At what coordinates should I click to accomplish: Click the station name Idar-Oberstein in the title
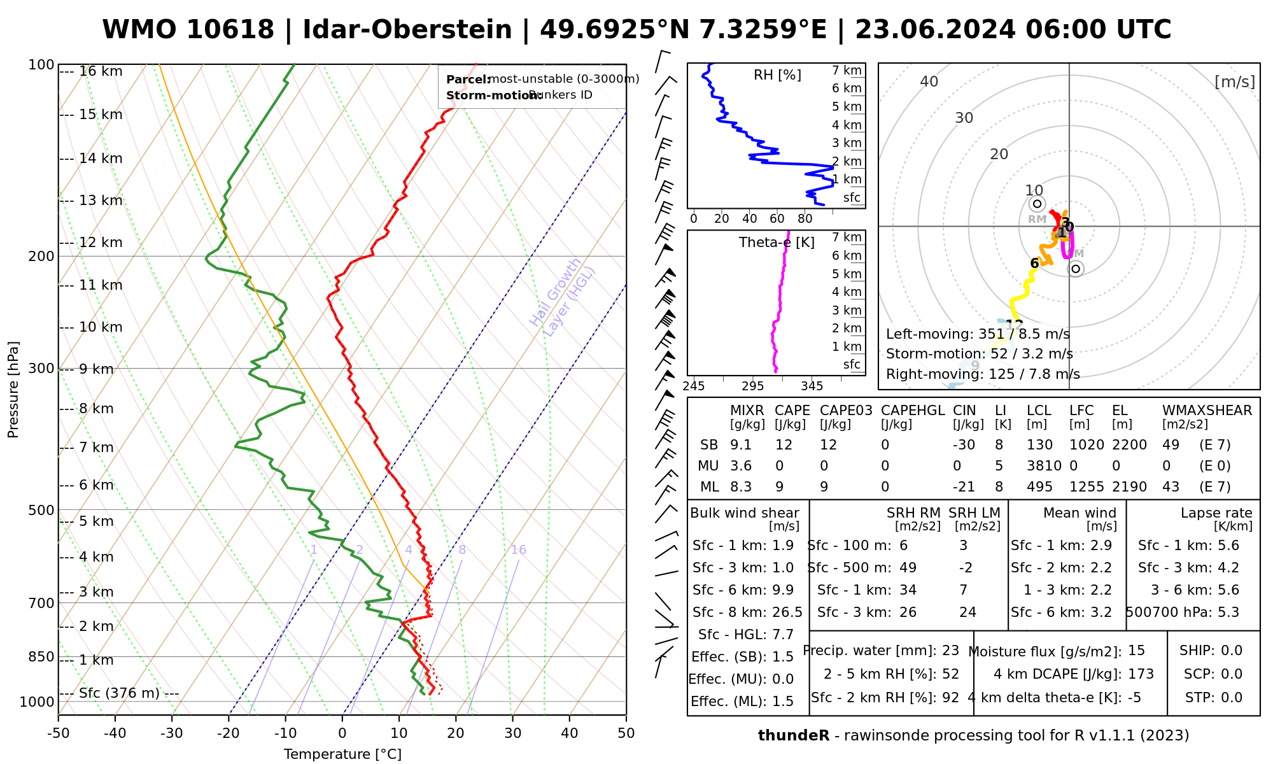pyautogui.click(x=407, y=30)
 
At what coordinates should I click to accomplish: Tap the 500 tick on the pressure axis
pyautogui.click(x=41, y=510)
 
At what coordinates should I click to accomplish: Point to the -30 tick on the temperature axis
pyautogui.click(x=172, y=733)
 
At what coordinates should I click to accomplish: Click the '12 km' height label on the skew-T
pyautogui.click(x=101, y=243)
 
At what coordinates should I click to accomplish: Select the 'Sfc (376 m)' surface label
pyautogui.click(x=119, y=693)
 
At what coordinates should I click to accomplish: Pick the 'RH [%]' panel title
pyautogui.click(x=777, y=75)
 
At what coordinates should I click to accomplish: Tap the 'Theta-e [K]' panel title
pyautogui.click(x=777, y=243)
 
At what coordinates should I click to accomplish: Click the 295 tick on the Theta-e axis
pyautogui.click(x=752, y=386)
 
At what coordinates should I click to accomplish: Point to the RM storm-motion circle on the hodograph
pyautogui.click(x=1037, y=204)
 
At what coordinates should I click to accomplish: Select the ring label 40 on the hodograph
pyautogui.click(x=929, y=81)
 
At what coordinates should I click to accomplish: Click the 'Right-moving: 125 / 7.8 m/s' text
pyautogui.click(x=983, y=374)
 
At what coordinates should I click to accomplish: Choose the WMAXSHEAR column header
pyautogui.click(x=1207, y=411)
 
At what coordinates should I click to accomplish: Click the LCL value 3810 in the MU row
pyautogui.click(x=1044, y=466)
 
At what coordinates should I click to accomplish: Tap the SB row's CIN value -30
pyautogui.click(x=964, y=445)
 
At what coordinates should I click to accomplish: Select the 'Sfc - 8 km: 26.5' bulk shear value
pyautogui.click(x=747, y=612)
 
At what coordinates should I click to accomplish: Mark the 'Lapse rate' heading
pyautogui.click(x=1216, y=513)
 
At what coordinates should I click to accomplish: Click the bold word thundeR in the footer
pyautogui.click(x=794, y=736)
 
